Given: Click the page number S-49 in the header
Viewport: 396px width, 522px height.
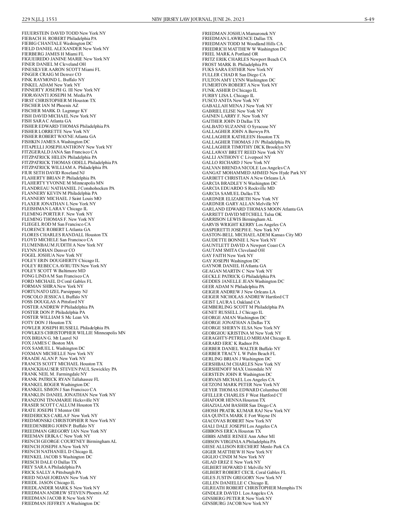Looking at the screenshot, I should tap(369, 19).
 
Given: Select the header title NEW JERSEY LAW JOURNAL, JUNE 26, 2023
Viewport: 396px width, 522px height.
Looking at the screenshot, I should tap(198, 19).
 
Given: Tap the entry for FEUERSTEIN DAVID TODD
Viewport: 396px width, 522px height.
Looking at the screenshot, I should tap(64, 33).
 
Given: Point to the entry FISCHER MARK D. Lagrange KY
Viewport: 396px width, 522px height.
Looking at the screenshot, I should tap(54, 111).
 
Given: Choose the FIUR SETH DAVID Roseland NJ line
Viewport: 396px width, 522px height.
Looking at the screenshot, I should tap(53, 173).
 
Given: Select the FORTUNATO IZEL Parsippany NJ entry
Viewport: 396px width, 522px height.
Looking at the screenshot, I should tap(54, 292).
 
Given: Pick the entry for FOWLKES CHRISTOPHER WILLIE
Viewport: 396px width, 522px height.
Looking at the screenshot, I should tap(74, 333).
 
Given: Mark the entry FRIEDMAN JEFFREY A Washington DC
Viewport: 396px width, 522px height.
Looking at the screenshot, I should tap(61, 504).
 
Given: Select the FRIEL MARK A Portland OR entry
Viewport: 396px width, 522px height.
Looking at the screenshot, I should tap(230, 54).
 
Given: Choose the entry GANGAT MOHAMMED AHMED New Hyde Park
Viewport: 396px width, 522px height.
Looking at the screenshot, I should tap(254, 173).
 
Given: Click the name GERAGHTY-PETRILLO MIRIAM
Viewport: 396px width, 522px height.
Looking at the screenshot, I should tap(246, 338).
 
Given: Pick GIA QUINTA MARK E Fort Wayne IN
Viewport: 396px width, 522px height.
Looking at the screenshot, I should tap(239, 416).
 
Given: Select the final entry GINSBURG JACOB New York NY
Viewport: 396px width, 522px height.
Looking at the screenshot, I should tap(235, 504).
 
